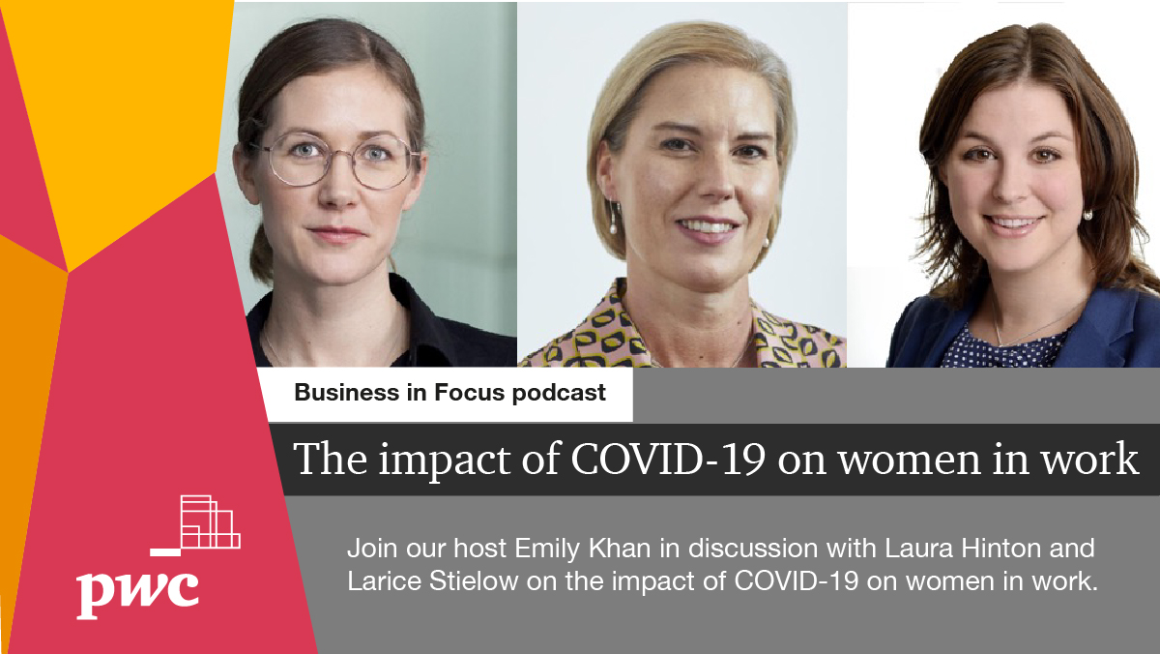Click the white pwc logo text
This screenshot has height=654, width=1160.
pos(138,591)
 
